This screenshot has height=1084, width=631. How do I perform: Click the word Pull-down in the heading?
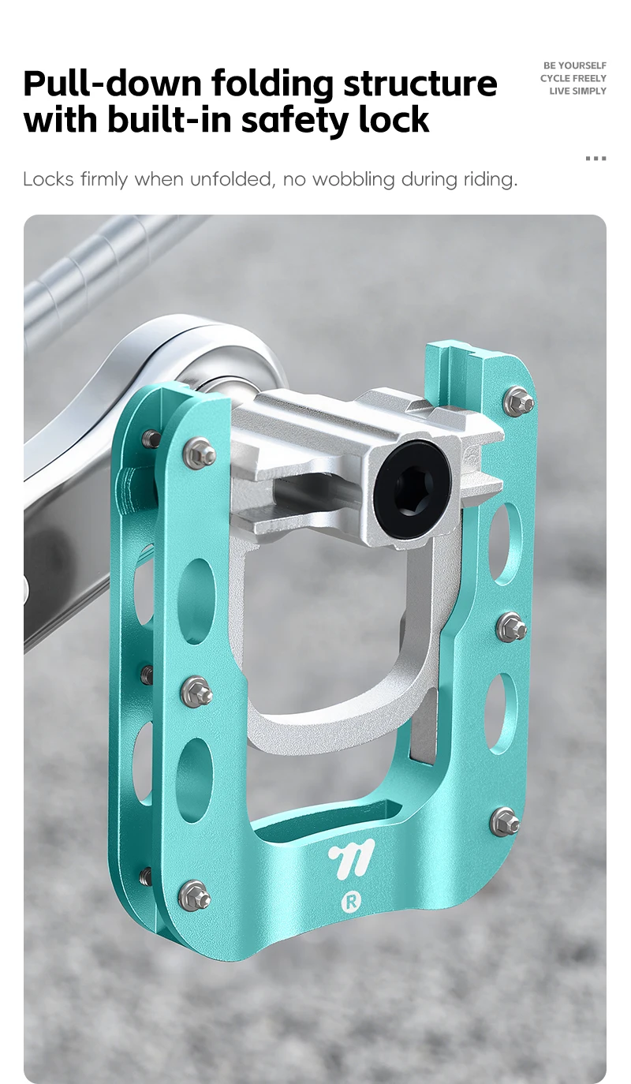click(112, 83)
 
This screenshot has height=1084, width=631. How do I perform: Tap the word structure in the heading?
click(420, 83)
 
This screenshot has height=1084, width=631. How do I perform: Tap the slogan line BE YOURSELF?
click(574, 65)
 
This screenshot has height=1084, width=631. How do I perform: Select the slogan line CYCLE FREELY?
click(573, 78)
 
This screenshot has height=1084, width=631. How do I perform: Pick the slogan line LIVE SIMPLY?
click(577, 91)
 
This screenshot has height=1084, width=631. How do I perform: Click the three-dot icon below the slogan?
click(596, 159)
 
